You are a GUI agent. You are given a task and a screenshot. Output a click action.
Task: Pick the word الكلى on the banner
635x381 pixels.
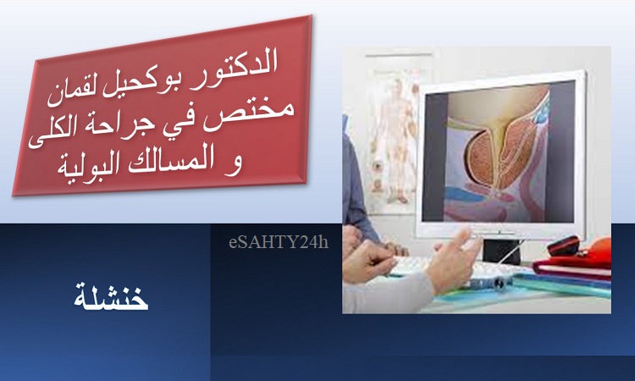point(52,134)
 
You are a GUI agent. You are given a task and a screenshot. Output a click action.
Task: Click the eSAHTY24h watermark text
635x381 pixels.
point(279,242)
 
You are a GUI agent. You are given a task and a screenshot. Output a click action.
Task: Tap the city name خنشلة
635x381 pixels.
point(111,297)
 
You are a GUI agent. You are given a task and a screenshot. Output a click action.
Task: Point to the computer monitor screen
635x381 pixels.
point(498,152)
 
